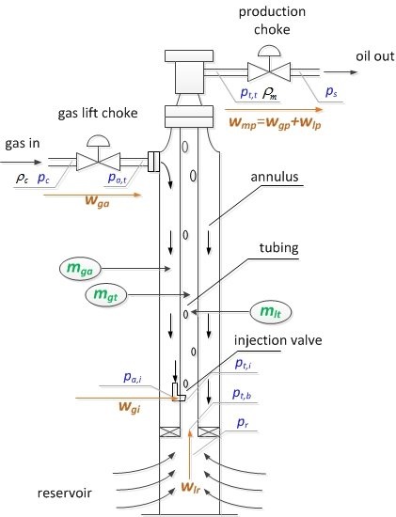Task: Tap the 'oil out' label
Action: (x=373, y=54)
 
